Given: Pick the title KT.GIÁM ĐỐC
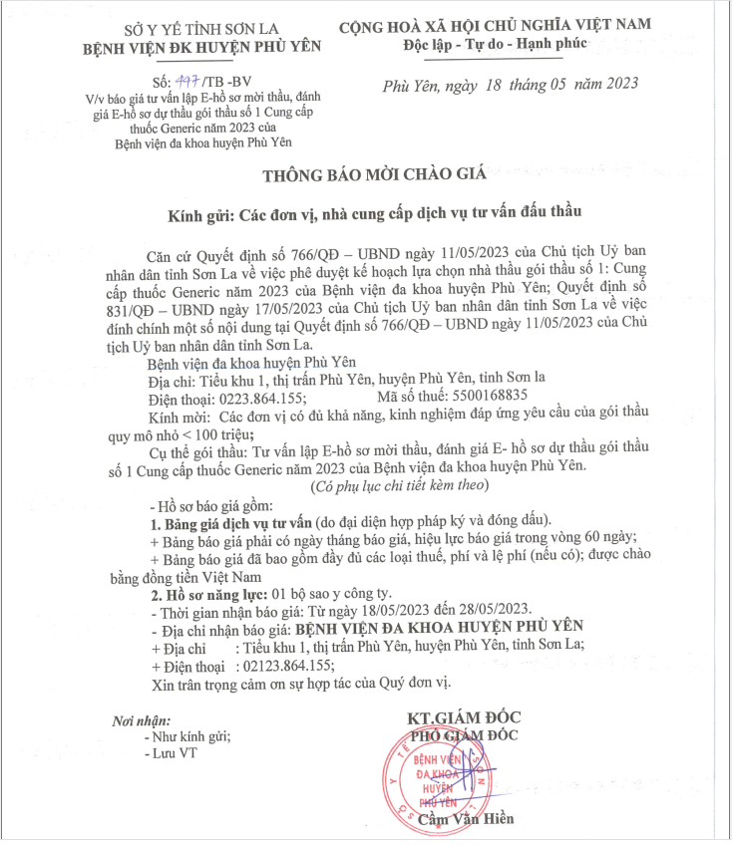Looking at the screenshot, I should [464, 717].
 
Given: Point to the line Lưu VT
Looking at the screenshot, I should [171, 753].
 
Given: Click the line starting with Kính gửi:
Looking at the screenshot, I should [376, 214].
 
